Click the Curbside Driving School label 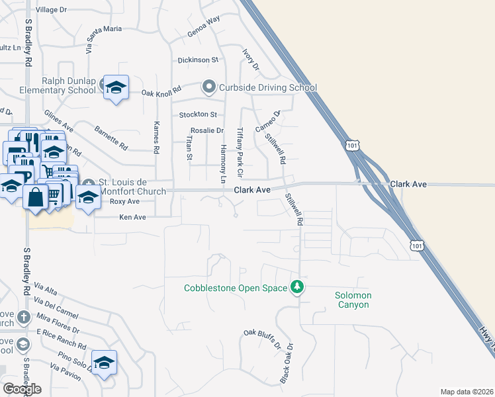point(268,87)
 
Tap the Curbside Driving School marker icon point(209,87)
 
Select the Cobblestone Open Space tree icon point(298,287)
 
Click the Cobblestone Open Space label point(236,288)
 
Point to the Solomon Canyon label point(353,300)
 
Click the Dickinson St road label point(198,60)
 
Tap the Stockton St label point(198,115)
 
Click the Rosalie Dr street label point(207,131)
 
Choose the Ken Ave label point(132,217)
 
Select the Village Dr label point(52,10)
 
